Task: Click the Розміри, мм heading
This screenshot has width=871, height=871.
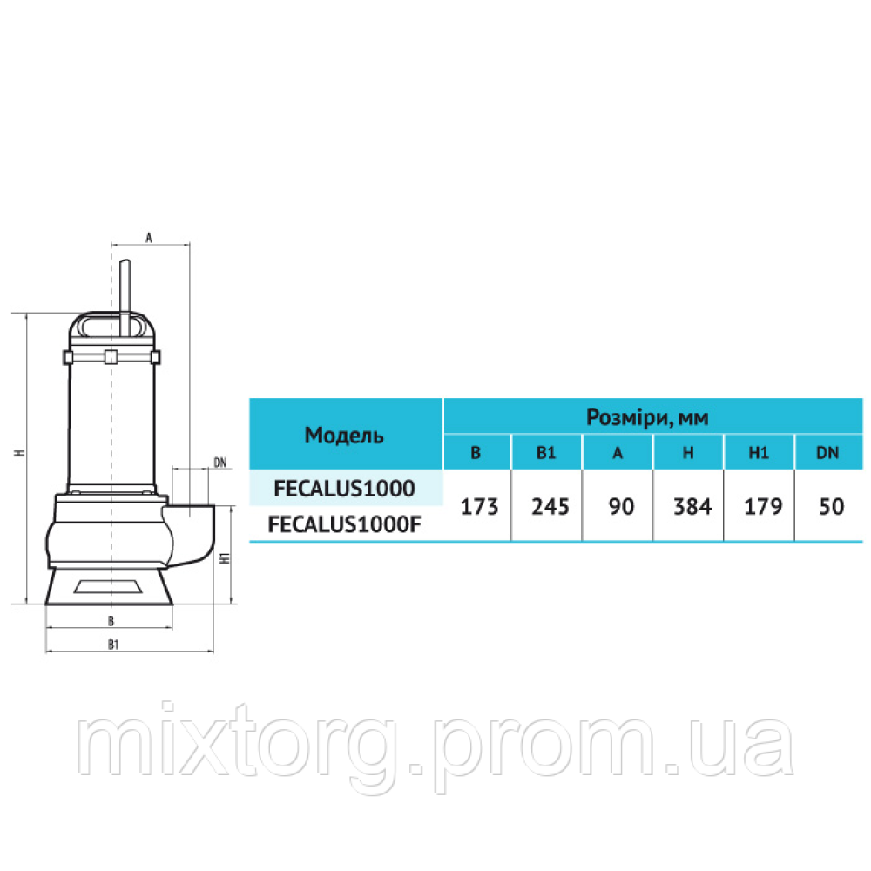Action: (x=648, y=416)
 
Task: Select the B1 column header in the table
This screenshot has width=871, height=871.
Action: (x=546, y=453)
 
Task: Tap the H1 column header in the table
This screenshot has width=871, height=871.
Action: (x=759, y=453)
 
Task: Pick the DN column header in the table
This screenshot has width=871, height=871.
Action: (x=827, y=453)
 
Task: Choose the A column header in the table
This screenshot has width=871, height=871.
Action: (x=618, y=453)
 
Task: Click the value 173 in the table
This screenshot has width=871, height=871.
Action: (x=479, y=507)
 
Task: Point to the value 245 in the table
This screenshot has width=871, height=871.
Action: (x=550, y=507)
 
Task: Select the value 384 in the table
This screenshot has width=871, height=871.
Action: (x=692, y=507)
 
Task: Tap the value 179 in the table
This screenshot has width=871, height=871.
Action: (x=763, y=507)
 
